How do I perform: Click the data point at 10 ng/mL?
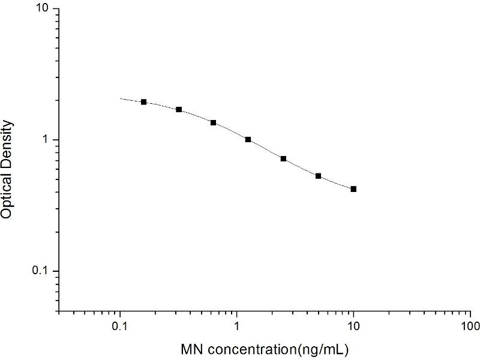[x=353, y=189]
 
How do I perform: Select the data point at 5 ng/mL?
[x=319, y=176]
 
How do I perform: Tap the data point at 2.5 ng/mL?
[x=283, y=158]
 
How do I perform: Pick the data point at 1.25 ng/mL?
[x=248, y=139]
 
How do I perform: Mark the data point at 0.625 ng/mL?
[x=213, y=122]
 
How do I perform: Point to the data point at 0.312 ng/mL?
[x=179, y=109]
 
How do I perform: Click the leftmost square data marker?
[x=144, y=102]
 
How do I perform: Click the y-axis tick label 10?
[x=44, y=10]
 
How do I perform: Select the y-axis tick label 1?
[x=47, y=140]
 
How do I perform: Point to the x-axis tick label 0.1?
[x=120, y=326]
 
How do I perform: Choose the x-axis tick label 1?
[x=237, y=326]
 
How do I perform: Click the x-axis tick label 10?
[x=353, y=326]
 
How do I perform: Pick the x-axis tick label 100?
[x=470, y=326]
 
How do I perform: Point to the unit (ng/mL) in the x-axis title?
[x=321, y=349]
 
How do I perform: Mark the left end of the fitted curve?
[x=121, y=98]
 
